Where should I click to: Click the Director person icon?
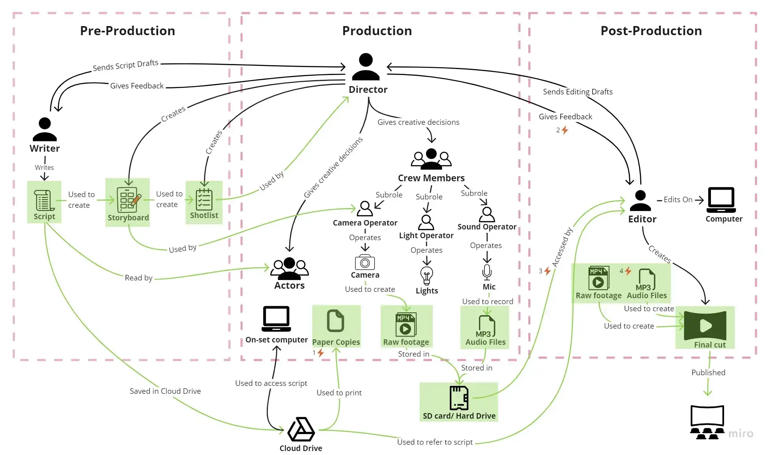click(x=366, y=67)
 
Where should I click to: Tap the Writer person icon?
click(x=45, y=129)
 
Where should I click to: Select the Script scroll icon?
click(x=44, y=200)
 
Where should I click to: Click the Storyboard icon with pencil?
click(x=128, y=200)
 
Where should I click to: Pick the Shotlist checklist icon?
click(x=204, y=199)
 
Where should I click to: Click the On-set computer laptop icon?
click(x=276, y=319)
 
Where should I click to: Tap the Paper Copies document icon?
click(x=336, y=320)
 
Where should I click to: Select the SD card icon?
click(x=459, y=398)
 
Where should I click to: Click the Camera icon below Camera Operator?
click(x=365, y=262)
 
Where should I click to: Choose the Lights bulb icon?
click(x=427, y=275)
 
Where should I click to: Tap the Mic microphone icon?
click(x=487, y=272)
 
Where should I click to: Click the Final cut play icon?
click(x=705, y=325)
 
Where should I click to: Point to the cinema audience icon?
click(x=707, y=422)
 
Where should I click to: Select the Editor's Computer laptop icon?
click(x=721, y=200)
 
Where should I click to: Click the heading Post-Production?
click(x=651, y=31)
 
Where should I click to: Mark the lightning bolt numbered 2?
click(x=565, y=130)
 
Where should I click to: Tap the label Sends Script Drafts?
click(x=126, y=65)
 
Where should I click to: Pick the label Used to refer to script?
click(x=435, y=442)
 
